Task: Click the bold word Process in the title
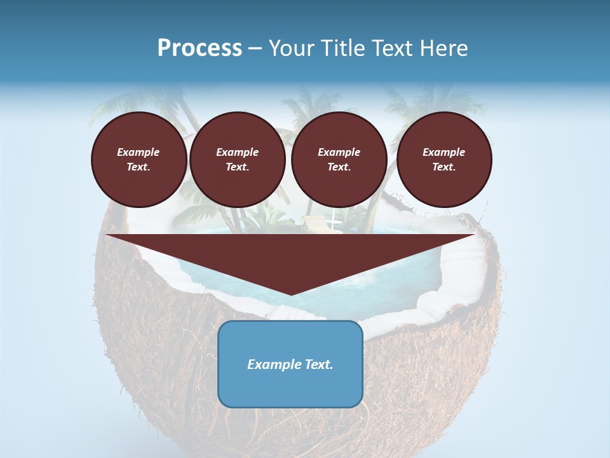[200, 48]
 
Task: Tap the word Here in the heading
[442, 48]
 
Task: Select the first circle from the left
[139, 160]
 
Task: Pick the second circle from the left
[237, 160]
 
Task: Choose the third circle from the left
[339, 160]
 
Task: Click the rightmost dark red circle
[444, 160]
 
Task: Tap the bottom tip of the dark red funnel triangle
[290, 293]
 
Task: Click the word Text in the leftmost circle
[138, 167]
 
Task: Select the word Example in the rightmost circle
[444, 152]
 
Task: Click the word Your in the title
[289, 48]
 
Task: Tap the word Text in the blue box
[318, 364]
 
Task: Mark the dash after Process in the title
[255, 48]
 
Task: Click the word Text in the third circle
[338, 167]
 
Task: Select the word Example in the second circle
[237, 152]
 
